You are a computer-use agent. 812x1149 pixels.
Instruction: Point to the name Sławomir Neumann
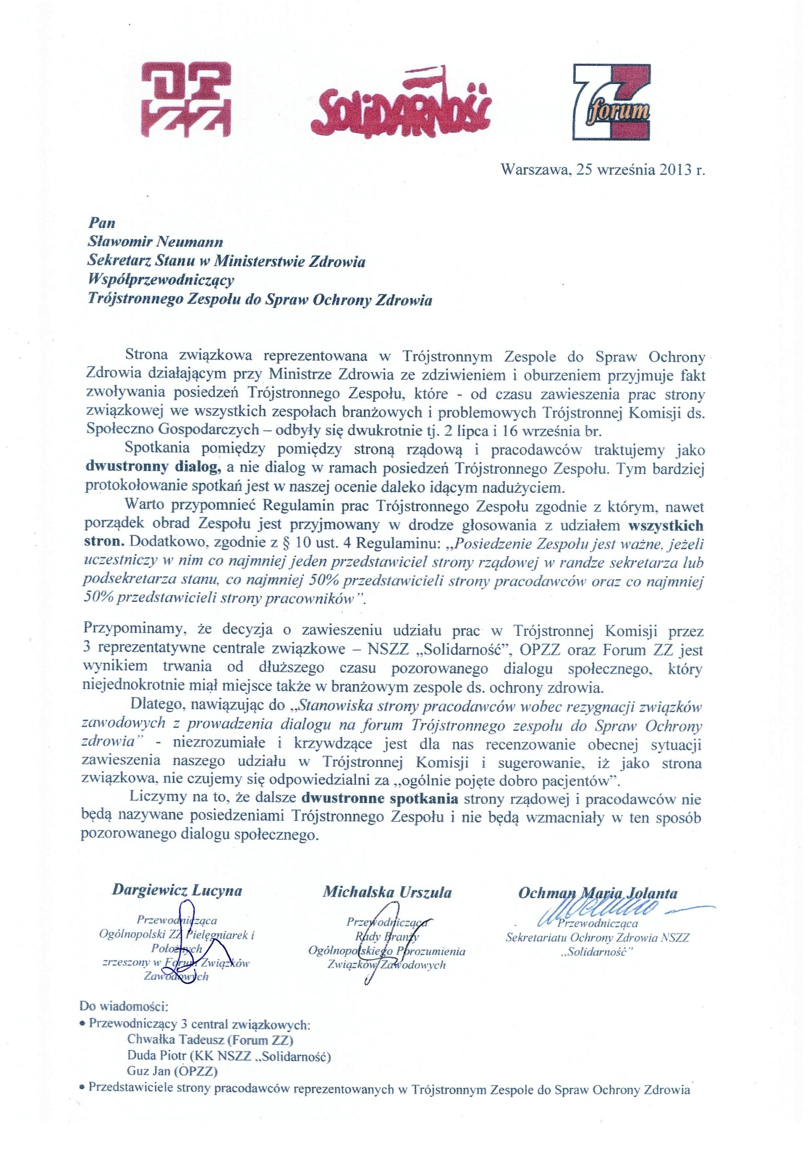click(155, 242)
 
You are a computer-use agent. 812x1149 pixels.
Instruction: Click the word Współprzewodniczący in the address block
click(161, 280)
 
